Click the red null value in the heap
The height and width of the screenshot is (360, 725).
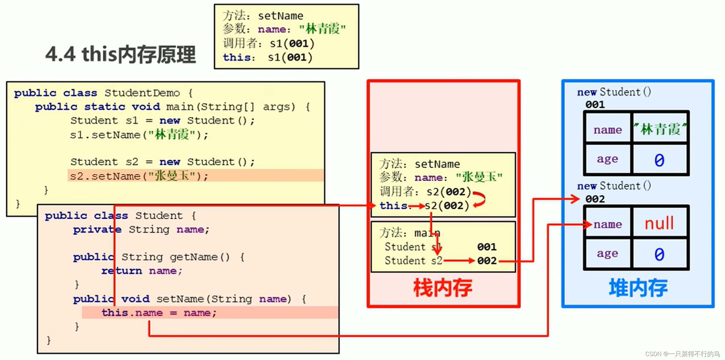[659, 223]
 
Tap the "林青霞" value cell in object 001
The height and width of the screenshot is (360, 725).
[660, 129]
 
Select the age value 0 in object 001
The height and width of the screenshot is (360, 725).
[659, 160]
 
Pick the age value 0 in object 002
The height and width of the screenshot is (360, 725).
[659, 254]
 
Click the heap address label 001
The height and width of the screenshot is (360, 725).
[595, 105]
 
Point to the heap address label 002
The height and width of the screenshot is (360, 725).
[595, 199]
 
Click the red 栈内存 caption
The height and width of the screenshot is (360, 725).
[443, 288]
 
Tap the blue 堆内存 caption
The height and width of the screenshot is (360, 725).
[638, 288]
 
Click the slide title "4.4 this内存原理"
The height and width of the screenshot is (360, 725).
[121, 54]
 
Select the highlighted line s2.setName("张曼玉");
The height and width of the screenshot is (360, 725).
[139, 176]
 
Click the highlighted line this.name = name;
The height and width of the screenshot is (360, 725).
[159, 313]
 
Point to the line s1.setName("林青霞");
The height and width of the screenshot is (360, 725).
[139, 135]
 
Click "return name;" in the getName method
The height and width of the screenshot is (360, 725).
[142, 271]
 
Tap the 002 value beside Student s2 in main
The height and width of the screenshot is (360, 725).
[487, 260]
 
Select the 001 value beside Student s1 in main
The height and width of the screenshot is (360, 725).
[487, 247]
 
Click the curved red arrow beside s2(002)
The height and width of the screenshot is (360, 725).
[480, 199]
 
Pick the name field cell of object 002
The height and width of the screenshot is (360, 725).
[608, 224]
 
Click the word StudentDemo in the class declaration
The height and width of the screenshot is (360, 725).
[142, 93]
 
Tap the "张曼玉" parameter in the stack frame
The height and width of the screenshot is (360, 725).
[479, 177]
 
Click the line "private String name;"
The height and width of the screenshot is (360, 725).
[141, 230]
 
